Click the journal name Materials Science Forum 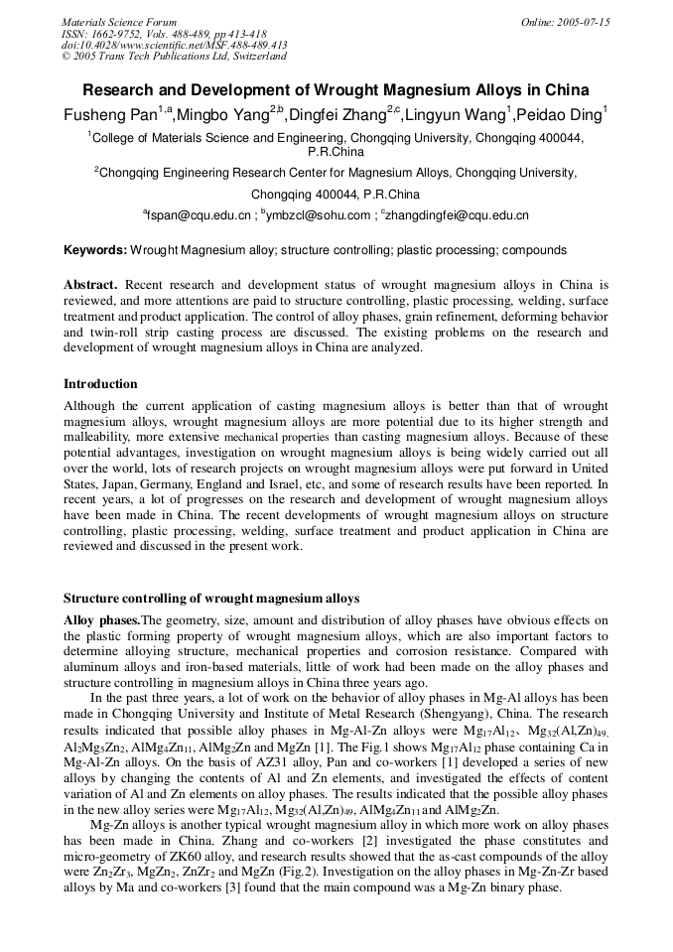(119, 22)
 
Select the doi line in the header (174, 45)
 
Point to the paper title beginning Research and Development (336, 89)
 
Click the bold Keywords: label (95, 250)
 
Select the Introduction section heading (100, 384)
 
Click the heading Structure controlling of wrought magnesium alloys (211, 599)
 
